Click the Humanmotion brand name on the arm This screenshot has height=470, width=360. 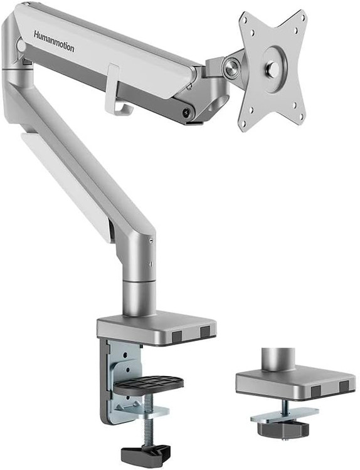pos(54,41)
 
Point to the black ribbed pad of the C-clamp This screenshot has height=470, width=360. pos(149,385)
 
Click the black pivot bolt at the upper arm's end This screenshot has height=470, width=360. pos(187,113)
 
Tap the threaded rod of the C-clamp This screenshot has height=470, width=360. pos(148,420)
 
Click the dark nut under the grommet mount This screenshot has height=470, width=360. pos(283,428)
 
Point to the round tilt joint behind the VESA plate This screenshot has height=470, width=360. pos(231,69)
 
